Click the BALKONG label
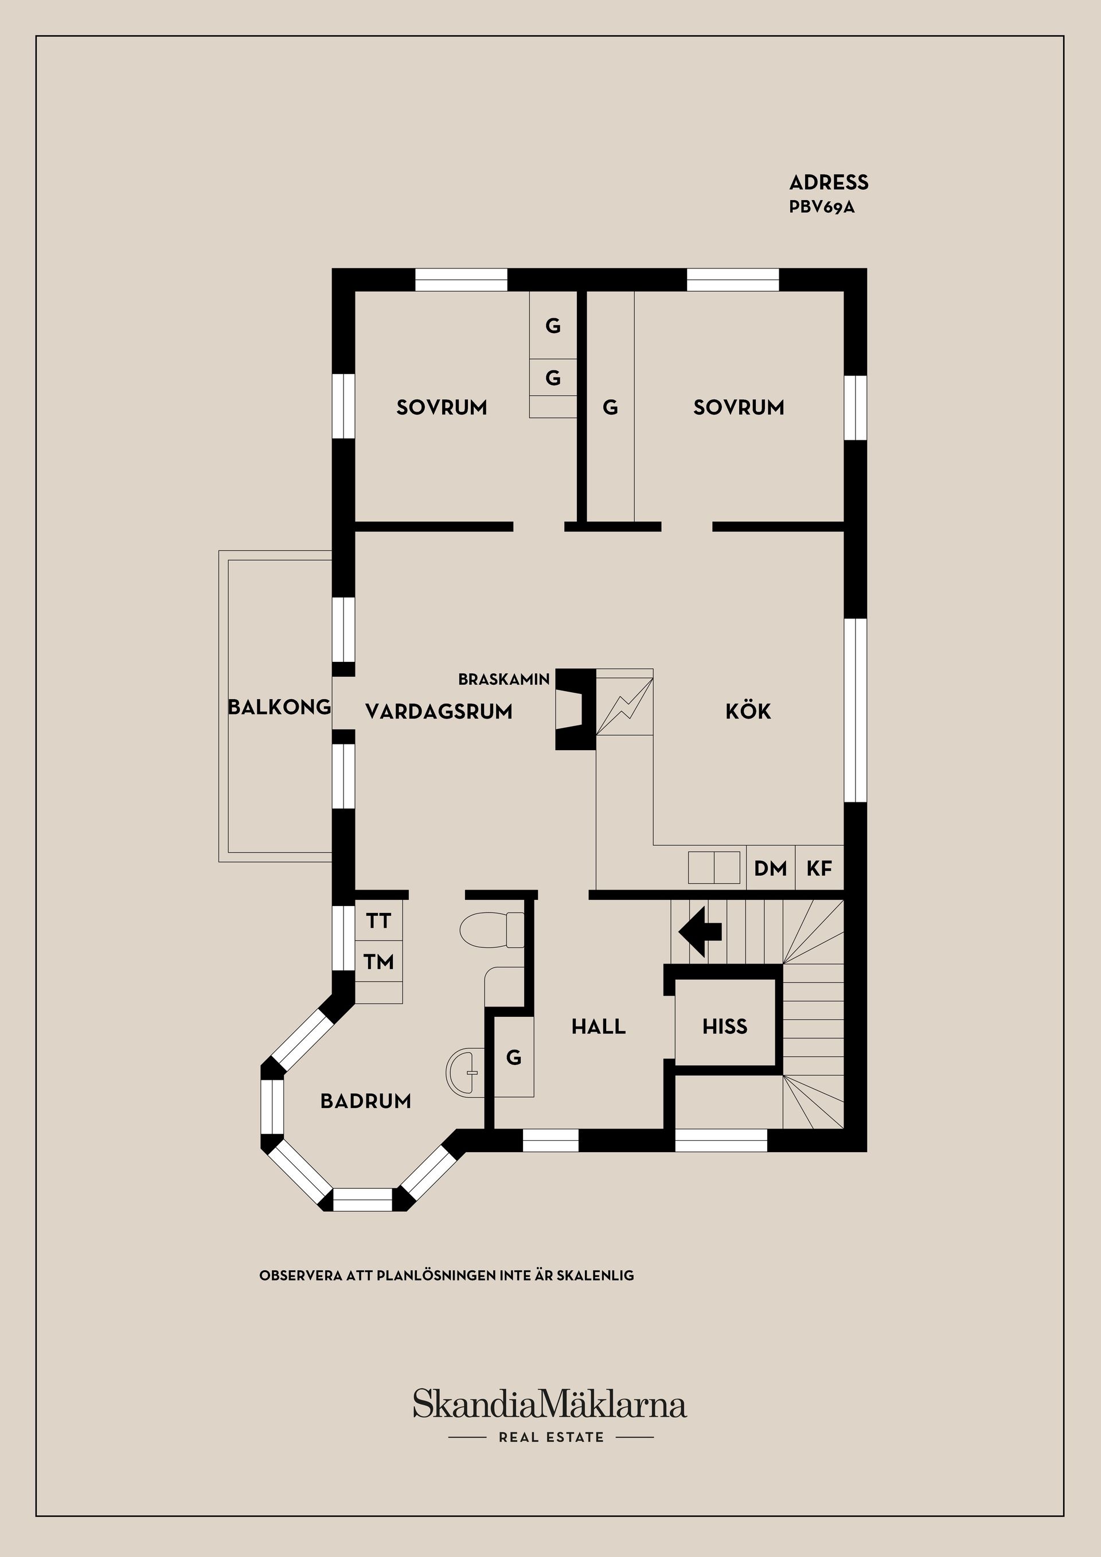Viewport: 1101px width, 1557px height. pyautogui.click(x=279, y=707)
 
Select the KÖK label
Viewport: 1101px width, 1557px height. pyautogui.click(x=748, y=711)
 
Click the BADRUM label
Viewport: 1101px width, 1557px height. pyautogui.click(x=366, y=1101)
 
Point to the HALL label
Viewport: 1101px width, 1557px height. pyautogui.click(x=599, y=1027)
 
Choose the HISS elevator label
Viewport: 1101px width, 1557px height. pyautogui.click(x=725, y=1027)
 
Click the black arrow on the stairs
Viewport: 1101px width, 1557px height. pyautogui.click(x=701, y=932)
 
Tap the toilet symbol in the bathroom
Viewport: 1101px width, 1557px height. pyautogui.click(x=492, y=930)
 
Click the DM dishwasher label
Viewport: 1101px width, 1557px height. pyautogui.click(x=771, y=868)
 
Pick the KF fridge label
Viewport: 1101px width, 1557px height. pyautogui.click(x=819, y=868)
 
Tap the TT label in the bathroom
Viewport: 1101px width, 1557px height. pyautogui.click(x=378, y=921)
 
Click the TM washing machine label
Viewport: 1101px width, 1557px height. pyautogui.click(x=378, y=962)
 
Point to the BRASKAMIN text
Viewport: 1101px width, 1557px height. pyautogui.click(x=503, y=679)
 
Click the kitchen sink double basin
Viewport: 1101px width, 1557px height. pyautogui.click(x=714, y=867)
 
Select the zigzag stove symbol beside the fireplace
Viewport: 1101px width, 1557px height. pyautogui.click(x=624, y=702)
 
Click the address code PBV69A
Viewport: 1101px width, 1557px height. pyautogui.click(x=822, y=208)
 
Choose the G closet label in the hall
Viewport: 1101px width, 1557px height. pyautogui.click(x=514, y=1057)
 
